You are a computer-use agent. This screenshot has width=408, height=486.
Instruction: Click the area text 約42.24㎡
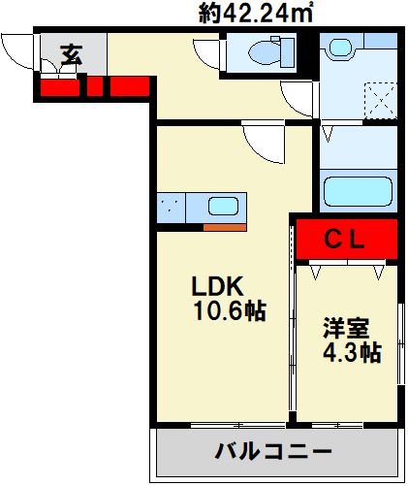[255, 14]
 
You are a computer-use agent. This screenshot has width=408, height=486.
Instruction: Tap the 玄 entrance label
[72, 54]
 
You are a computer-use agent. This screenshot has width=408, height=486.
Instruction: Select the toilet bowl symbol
[271, 52]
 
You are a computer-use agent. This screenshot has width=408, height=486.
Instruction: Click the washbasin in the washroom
[340, 48]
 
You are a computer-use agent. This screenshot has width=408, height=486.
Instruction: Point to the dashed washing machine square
[380, 100]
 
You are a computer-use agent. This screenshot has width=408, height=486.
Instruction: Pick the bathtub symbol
[359, 191]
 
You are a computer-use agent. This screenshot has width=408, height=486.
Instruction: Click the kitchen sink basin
[223, 206]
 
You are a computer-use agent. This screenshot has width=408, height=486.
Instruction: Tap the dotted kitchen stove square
[171, 208]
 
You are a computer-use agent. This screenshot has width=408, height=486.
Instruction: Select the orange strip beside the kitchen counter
[225, 227]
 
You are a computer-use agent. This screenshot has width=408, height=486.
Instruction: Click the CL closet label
[344, 240]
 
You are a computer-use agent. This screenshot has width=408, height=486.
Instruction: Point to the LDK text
[217, 286]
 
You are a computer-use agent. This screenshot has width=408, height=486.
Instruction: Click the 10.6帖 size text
[230, 311]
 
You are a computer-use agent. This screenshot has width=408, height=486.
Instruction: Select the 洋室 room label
[346, 328]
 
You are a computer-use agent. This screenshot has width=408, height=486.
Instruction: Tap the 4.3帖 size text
[352, 352]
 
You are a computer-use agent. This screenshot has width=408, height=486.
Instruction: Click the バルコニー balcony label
[273, 451]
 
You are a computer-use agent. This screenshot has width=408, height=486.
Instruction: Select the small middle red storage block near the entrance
[95, 86]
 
